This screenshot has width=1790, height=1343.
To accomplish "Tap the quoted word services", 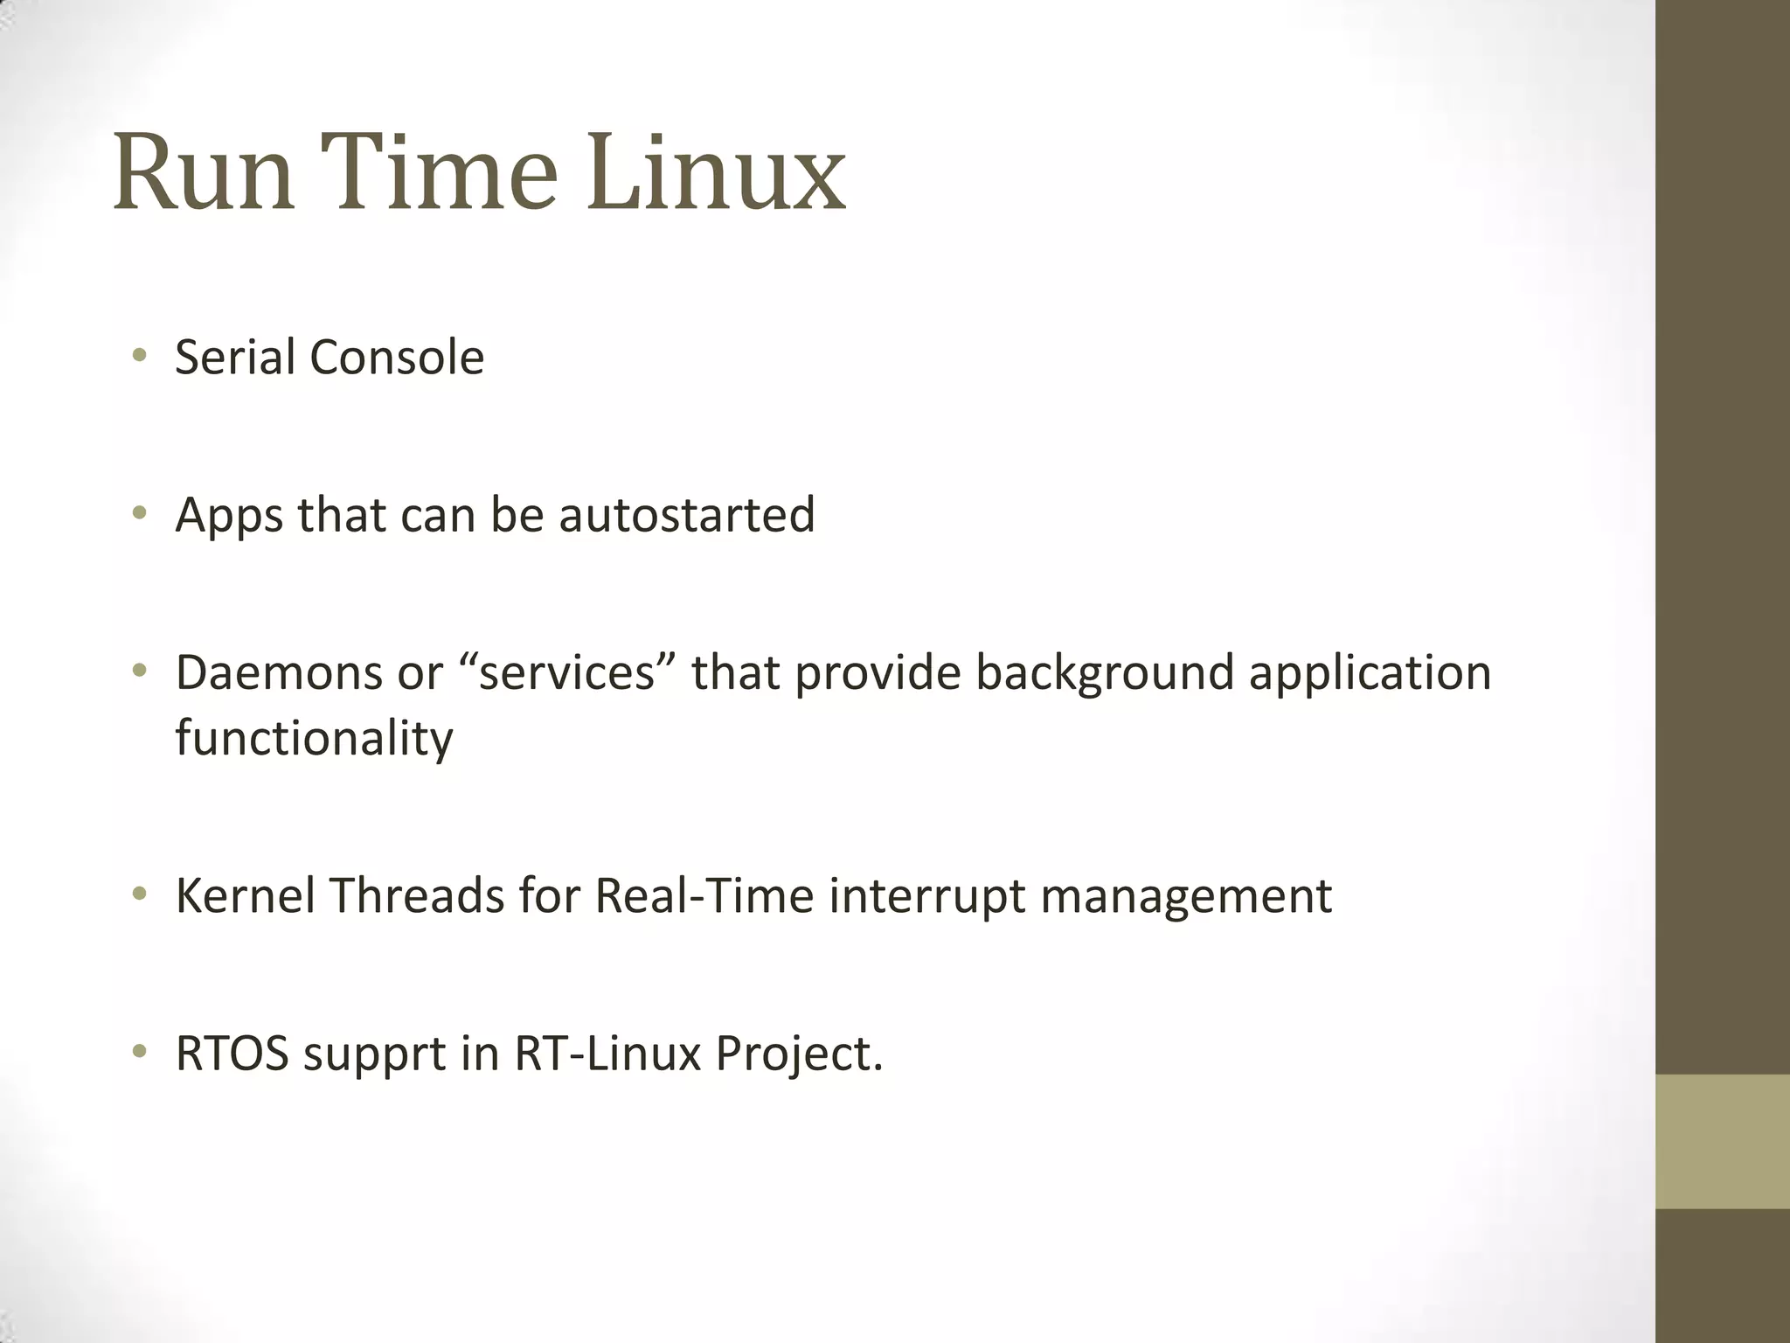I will [567, 672].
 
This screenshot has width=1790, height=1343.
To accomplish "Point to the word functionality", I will [314, 739].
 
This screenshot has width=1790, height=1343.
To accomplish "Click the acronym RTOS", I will [232, 1053].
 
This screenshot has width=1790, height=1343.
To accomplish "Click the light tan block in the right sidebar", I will [1723, 1141].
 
